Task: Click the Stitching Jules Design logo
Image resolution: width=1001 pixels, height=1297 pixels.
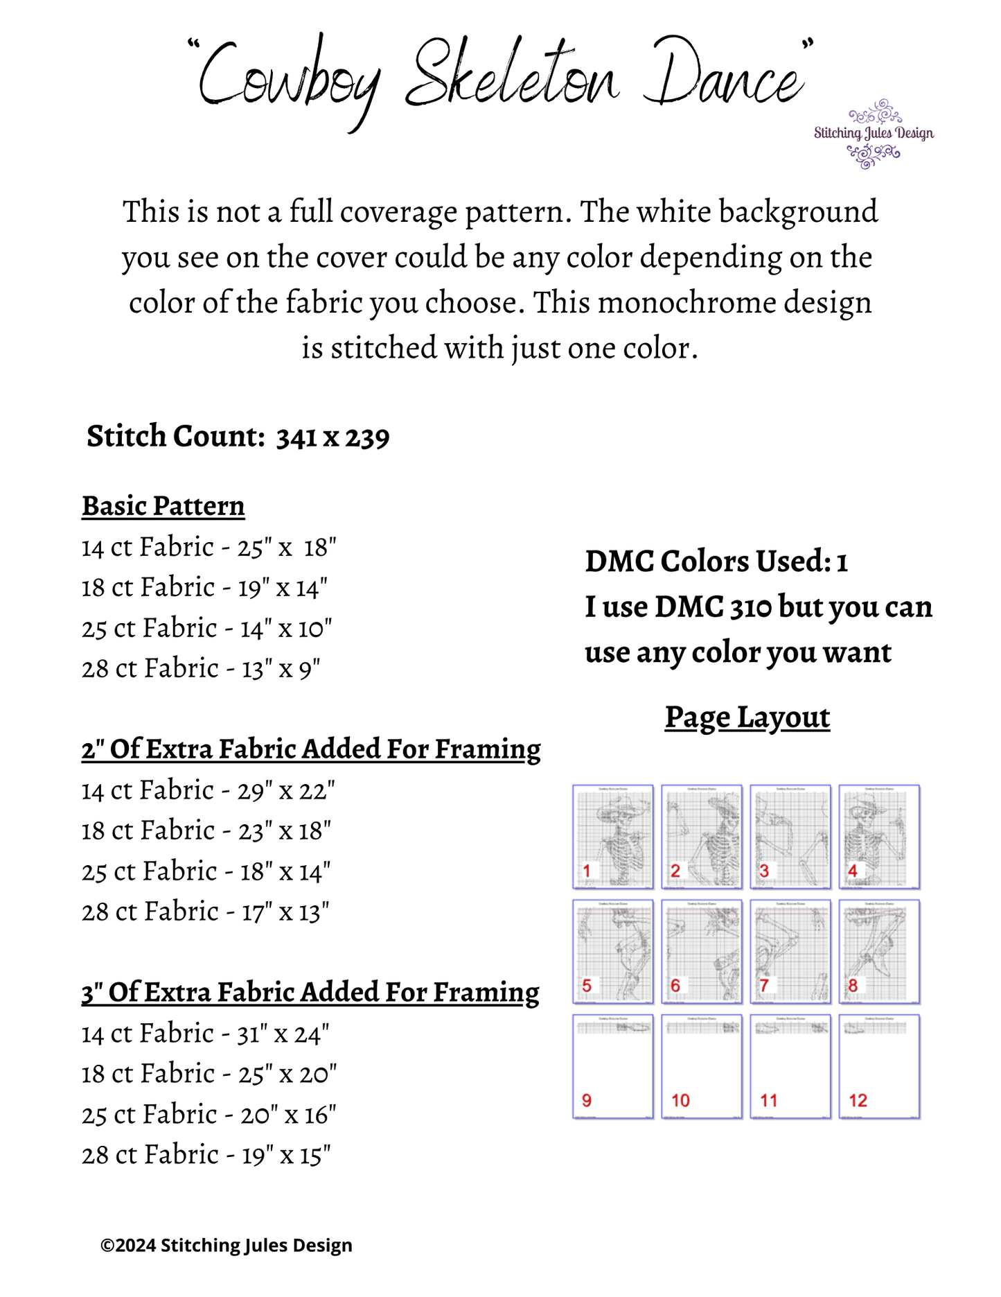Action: [x=874, y=133]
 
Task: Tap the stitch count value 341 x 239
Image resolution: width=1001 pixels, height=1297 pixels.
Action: [x=333, y=437]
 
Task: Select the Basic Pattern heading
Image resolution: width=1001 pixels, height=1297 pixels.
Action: [x=163, y=506]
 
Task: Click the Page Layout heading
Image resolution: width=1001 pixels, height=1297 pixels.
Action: [x=747, y=717]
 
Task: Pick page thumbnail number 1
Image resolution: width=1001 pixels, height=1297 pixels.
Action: [x=613, y=836]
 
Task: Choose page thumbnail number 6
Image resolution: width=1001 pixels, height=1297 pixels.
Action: [x=702, y=951]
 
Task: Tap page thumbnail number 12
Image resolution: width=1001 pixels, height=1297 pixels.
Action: [x=879, y=1066]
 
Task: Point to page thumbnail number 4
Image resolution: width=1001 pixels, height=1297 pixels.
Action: [x=879, y=836]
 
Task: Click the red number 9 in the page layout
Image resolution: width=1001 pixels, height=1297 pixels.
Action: [x=587, y=1100]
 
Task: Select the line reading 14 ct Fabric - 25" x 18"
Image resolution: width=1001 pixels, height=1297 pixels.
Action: [x=209, y=548]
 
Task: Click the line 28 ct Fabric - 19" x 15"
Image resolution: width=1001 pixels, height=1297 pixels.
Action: [x=206, y=1156]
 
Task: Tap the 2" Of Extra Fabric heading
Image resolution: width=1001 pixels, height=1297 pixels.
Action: [x=311, y=749]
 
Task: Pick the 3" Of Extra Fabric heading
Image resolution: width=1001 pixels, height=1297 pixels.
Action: [x=310, y=993]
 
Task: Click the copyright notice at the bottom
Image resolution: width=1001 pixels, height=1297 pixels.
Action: [x=227, y=1246]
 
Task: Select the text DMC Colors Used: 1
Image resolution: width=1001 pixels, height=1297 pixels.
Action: [x=716, y=562]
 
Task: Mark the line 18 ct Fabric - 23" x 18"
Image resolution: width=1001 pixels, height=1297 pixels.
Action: [x=206, y=831]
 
